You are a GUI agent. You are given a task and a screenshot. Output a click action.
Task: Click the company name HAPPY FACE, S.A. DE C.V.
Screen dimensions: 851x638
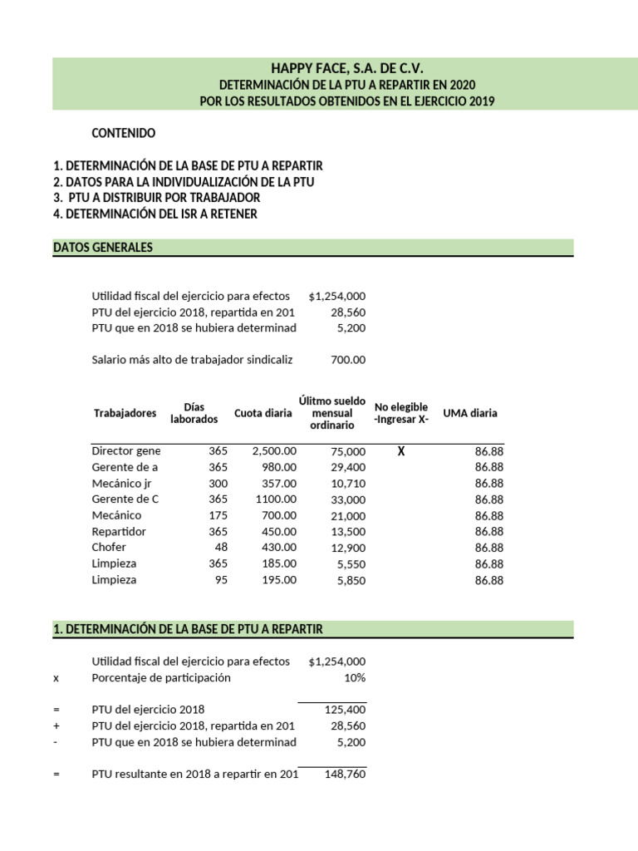pos(341,67)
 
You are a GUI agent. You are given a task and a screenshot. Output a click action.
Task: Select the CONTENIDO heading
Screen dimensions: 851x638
pos(124,133)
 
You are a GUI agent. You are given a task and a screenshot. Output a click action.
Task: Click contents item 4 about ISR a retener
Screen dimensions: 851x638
pos(155,214)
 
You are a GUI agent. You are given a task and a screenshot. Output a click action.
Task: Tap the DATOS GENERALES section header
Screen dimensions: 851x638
pos(102,247)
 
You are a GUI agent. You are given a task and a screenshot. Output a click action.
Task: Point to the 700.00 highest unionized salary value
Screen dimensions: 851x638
pos(348,360)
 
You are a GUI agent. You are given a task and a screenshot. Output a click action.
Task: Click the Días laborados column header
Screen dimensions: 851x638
pos(194,413)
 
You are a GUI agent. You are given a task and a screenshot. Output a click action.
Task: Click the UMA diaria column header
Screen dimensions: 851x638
pos(471,413)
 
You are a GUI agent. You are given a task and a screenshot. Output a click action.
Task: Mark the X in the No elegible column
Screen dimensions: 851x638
pos(401,451)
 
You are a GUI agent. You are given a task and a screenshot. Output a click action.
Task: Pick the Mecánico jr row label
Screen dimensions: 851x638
pos(122,483)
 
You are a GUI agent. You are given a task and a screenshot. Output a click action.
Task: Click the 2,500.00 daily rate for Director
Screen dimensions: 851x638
pos(274,451)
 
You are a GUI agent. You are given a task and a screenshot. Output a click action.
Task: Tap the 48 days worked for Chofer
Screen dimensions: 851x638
pos(220,548)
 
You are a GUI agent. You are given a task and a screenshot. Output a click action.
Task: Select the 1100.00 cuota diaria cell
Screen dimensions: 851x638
pos(275,499)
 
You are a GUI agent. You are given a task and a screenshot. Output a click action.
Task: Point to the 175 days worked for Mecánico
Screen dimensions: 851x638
pos(218,515)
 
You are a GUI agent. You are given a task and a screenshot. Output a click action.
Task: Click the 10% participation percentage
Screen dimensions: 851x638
pos(354,677)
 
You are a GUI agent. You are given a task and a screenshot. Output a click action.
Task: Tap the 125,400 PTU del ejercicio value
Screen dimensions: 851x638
pos(344,710)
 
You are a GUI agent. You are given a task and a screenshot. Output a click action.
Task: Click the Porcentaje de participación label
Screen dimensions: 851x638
pos(161,677)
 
